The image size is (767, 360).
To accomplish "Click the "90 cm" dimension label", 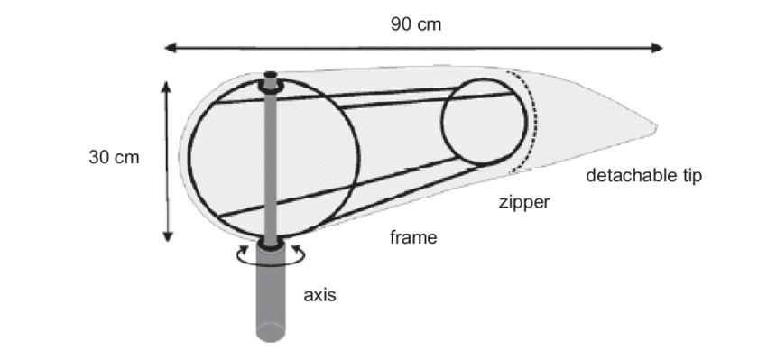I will (x=416, y=24).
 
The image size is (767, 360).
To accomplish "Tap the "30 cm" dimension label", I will (x=115, y=157).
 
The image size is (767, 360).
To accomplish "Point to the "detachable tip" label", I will (x=643, y=175).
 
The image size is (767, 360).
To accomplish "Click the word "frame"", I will (x=412, y=238).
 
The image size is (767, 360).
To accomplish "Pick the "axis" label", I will (x=319, y=295).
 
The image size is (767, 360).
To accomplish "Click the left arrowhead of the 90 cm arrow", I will (x=169, y=47).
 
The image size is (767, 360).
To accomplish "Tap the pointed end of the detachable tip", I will (x=657, y=127).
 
